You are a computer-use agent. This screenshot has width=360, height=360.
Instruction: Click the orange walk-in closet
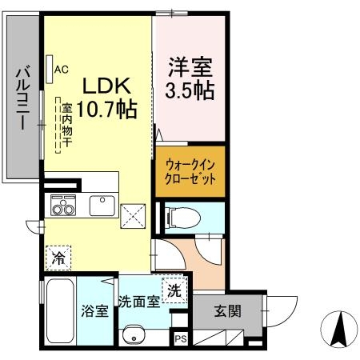click(x=190, y=171)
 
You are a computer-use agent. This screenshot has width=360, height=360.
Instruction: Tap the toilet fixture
click(x=180, y=217)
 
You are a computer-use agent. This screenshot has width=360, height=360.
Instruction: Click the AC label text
click(x=62, y=69)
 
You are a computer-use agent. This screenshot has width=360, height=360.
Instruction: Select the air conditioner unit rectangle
click(x=50, y=67)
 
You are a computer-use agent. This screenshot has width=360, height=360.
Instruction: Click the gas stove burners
click(x=62, y=206)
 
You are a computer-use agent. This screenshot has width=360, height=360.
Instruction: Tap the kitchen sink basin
click(x=102, y=206)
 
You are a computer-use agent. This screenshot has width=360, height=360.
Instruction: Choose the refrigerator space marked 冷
click(x=58, y=258)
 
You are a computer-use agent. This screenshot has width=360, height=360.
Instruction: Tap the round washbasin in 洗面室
click(x=132, y=334)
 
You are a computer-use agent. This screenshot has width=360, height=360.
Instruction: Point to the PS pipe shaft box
click(x=180, y=339)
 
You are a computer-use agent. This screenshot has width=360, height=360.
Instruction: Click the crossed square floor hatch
click(x=131, y=214)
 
